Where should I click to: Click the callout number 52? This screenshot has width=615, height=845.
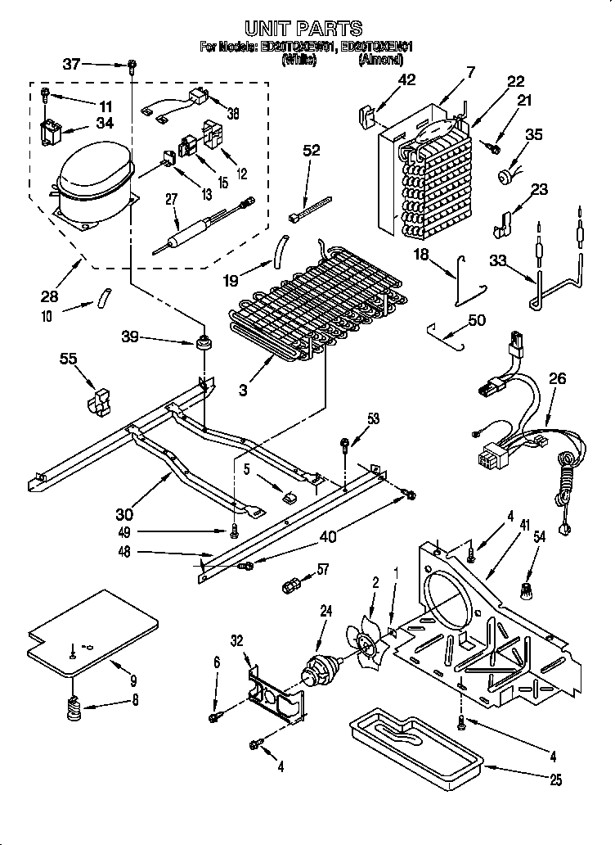point(312,150)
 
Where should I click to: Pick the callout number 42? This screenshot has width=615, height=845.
point(406,79)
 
